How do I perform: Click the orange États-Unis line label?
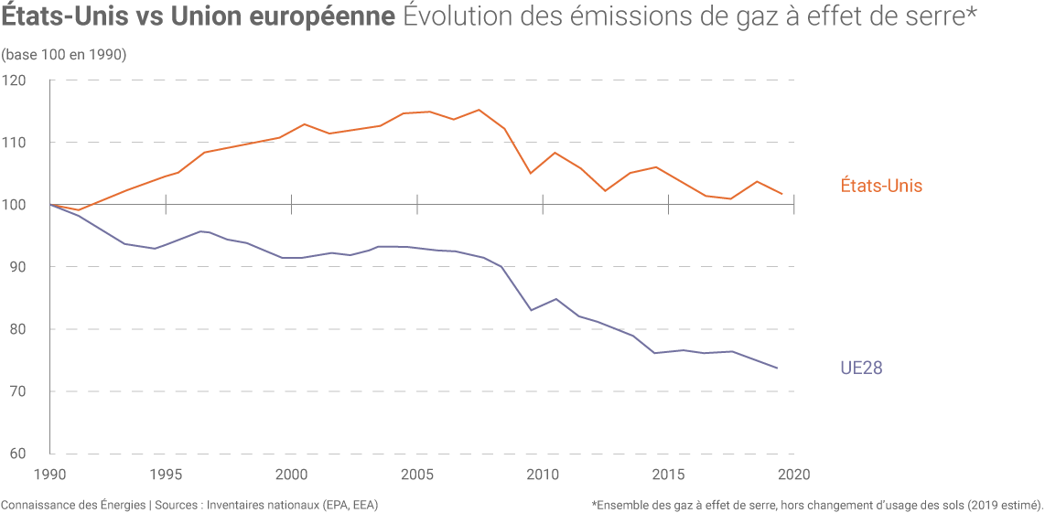tap(880, 186)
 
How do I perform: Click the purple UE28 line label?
tap(861, 368)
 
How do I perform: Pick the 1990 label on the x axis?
tap(50, 475)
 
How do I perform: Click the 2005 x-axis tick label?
tap(417, 475)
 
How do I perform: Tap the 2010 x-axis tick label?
tap(543, 475)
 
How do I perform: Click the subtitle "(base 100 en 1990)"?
tap(64, 55)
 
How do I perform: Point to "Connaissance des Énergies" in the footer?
tap(73, 505)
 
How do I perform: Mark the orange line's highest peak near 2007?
tap(479, 110)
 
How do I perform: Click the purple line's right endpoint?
tap(778, 369)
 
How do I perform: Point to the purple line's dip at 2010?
tap(531, 310)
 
